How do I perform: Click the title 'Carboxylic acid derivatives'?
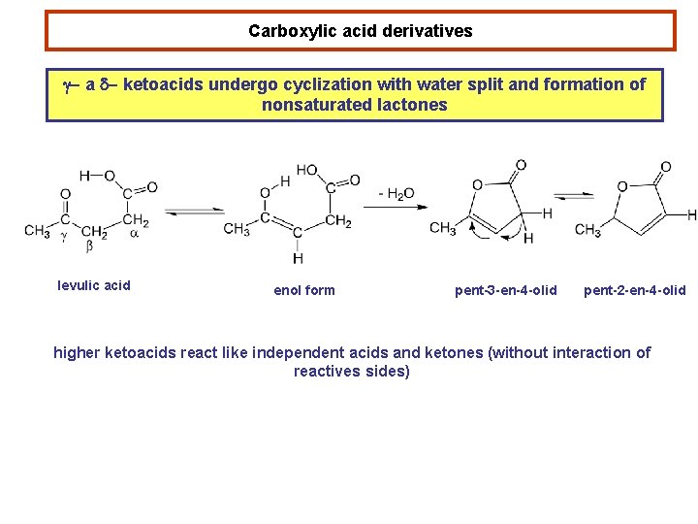tap(360, 31)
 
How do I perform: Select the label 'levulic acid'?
tap(94, 285)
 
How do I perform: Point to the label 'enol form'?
tap(304, 290)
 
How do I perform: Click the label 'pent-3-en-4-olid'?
tap(506, 290)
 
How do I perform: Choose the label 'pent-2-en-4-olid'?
tap(634, 290)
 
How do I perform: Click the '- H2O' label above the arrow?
tap(396, 194)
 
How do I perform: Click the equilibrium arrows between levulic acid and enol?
tap(194, 211)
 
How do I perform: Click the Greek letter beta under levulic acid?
tap(90, 247)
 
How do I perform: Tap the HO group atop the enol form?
tap(306, 170)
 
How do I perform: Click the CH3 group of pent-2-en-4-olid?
tap(587, 230)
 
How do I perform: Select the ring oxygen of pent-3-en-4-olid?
tap(477, 184)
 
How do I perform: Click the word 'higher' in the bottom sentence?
tap(79, 353)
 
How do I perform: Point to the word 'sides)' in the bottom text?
tap(388, 372)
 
